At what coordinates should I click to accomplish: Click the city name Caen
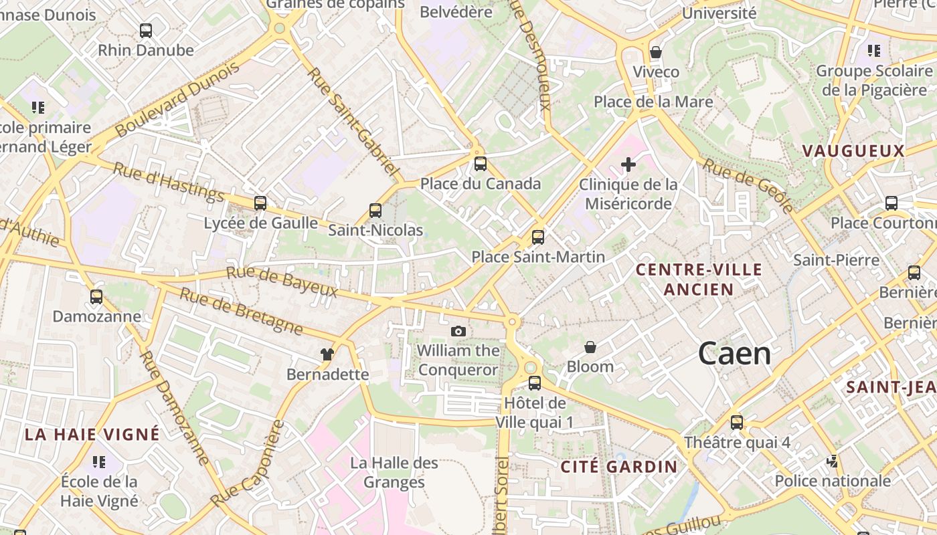tap(734, 354)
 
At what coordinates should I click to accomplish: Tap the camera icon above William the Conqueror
tap(458, 331)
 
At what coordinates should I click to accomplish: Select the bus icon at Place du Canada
tap(481, 164)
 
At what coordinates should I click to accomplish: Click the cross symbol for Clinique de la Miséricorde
tap(628, 164)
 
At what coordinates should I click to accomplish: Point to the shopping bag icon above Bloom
tap(590, 347)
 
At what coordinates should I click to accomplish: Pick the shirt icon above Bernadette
tap(327, 354)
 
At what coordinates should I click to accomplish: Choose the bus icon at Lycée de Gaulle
tap(260, 203)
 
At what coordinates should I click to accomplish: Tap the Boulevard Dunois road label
tap(177, 100)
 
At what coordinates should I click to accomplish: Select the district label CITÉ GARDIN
tap(618, 467)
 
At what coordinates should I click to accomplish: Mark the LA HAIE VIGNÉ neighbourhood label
tap(92, 434)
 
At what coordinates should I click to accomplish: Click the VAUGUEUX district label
tap(853, 151)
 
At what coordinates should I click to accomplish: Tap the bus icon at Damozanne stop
tap(96, 296)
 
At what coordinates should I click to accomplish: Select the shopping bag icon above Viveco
tap(656, 52)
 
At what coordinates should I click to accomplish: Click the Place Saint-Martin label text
tap(538, 257)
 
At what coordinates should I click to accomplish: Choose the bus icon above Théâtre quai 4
tap(737, 423)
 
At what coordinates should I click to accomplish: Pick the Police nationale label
tap(833, 481)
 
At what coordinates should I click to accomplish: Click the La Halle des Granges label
tap(394, 472)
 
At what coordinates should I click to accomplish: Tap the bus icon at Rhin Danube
tap(146, 30)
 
